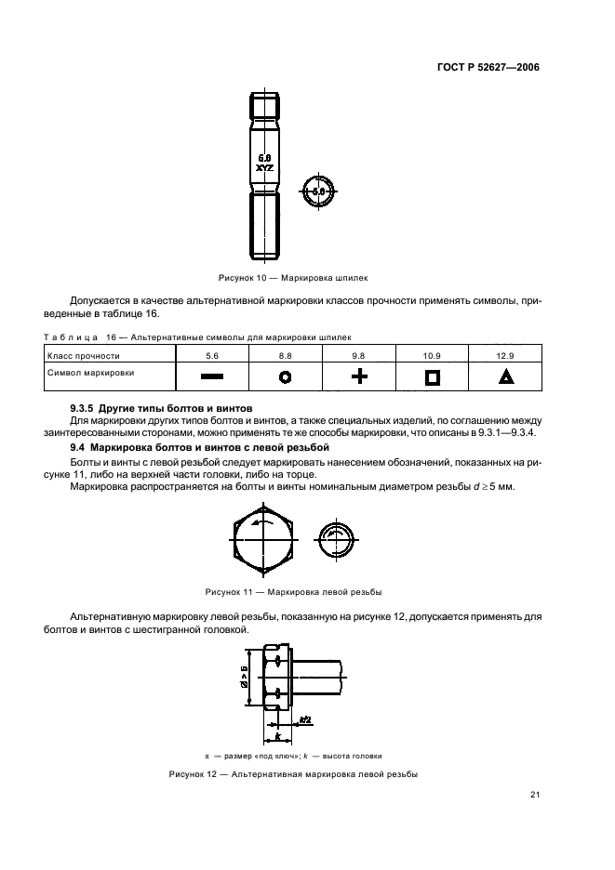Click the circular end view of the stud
tap(319, 191)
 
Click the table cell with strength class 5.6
tap(211, 355)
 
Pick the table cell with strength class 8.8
tap(286, 355)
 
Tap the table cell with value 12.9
tap(505, 355)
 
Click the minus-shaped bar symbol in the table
tap(211, 376)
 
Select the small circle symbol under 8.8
tap(286, 376)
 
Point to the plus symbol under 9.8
tap(359, 376)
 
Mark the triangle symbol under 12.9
tap(505, 376)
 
